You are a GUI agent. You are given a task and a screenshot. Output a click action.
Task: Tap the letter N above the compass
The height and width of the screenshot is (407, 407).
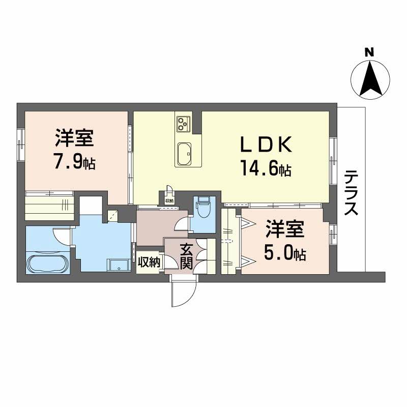(370, 52)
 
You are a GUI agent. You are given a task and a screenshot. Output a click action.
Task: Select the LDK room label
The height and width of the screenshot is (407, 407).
(266, 146)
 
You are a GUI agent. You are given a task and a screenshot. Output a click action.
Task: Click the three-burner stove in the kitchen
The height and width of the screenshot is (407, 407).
(183, 122)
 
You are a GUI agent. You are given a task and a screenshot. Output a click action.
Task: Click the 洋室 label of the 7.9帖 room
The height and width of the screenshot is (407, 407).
(74, 138)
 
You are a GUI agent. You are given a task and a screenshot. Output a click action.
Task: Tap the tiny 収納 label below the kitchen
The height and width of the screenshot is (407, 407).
(169, 201)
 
